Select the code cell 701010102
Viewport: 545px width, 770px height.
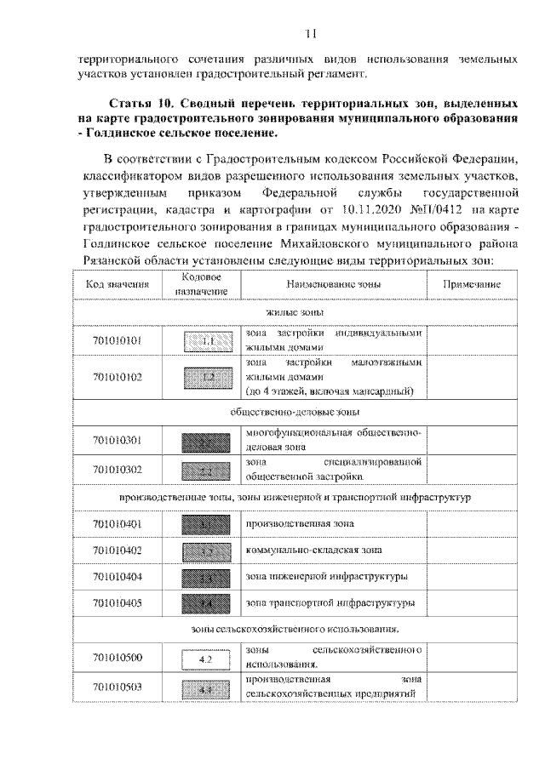[x=117, y=376]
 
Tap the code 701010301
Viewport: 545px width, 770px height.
[x=117, y=441]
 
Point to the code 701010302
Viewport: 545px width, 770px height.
[x=117, y=469]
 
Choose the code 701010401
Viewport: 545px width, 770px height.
[x=117, y=523]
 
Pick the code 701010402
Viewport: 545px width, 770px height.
[x=117, y=550]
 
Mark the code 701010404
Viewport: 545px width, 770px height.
[x=117, y=577]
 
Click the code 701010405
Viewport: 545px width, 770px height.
[x=117, y=603]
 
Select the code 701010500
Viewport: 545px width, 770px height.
[x=117, y=658]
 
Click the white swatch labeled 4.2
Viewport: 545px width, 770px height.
[x=205, y=659]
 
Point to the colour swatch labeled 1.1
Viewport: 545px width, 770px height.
[x=205, y=341]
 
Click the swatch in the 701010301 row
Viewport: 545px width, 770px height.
[x=205, y=442]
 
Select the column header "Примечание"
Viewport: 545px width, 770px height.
[x=470, y=284]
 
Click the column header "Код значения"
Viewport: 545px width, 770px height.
[x=117, y=284]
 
